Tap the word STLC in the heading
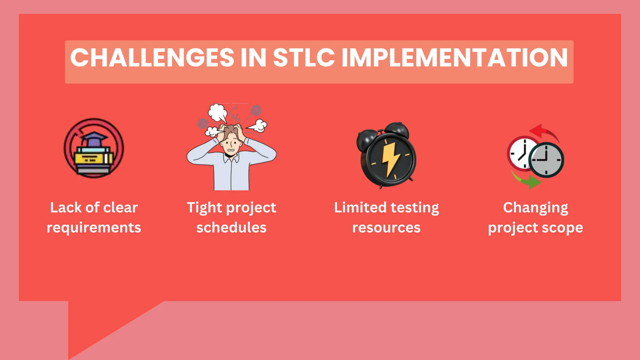point(304,58)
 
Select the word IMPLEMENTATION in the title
point(455,58)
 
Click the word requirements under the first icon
point(94,228)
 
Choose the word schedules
point(231,228)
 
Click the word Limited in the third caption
point(360,208)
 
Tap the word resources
point(386,228)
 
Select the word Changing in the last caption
point(535,208)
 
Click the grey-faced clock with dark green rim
point(546,160)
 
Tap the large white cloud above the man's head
point(217,113)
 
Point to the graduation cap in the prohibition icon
point(94,139)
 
